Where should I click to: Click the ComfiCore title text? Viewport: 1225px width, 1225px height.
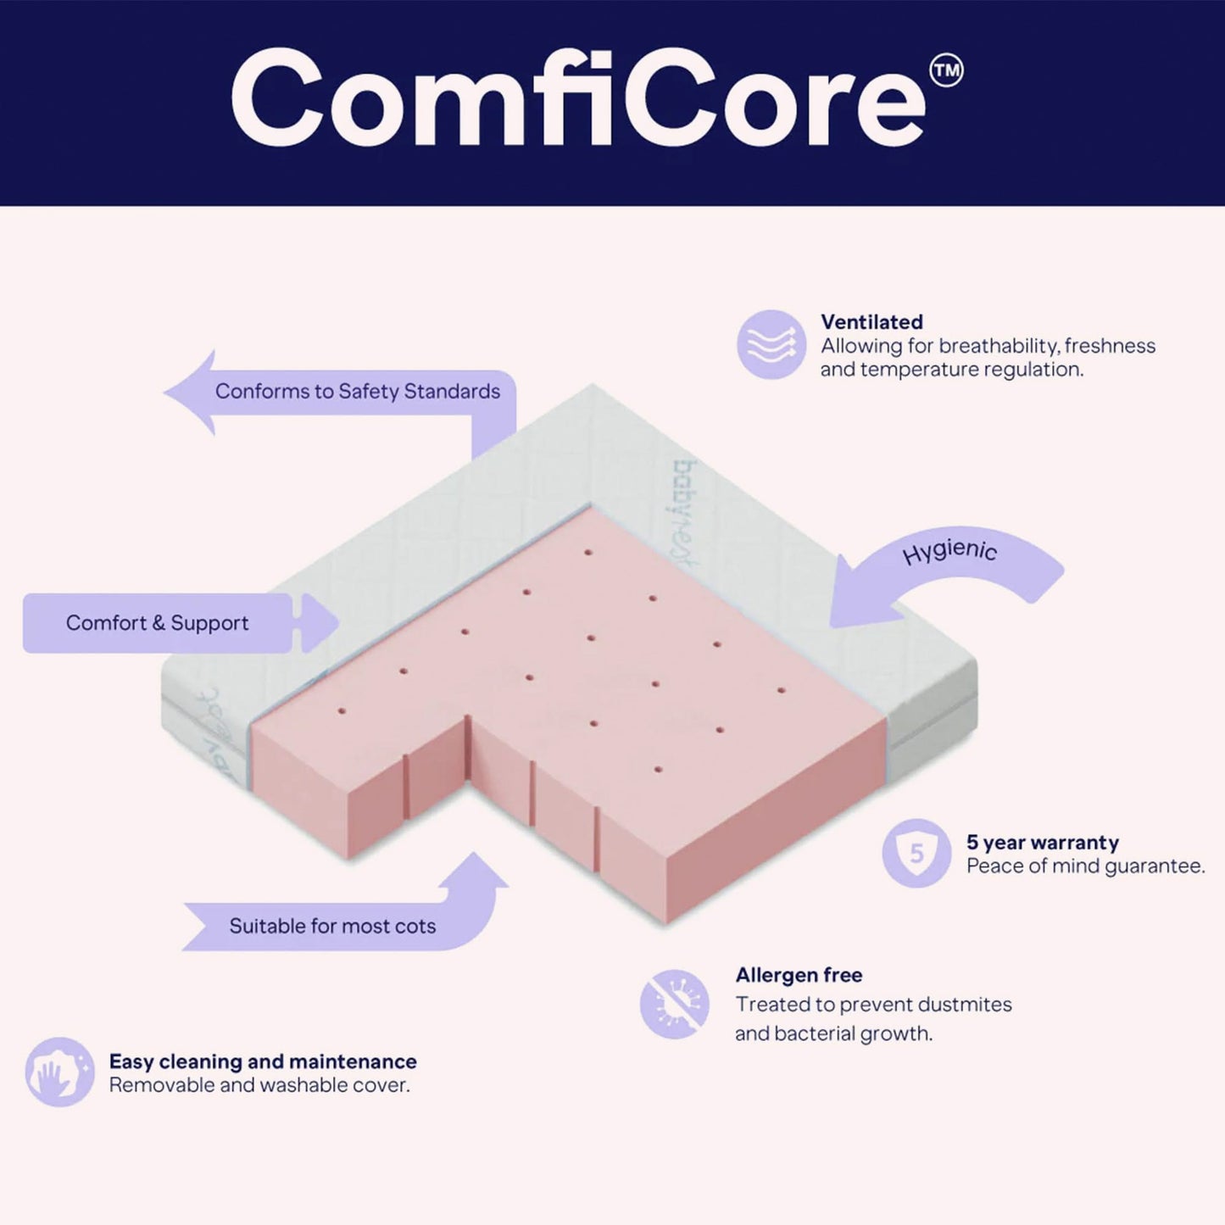(576, 99)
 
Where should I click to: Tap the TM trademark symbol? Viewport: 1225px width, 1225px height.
(946, 71)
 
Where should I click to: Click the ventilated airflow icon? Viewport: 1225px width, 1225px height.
(771, 344)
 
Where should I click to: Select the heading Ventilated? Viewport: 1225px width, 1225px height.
(871, 322)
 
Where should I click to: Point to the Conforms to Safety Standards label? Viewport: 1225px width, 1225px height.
(357, 392)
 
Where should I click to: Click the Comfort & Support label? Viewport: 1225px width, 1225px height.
(158, 623)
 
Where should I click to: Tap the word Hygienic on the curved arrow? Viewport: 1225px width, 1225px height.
(949, 552)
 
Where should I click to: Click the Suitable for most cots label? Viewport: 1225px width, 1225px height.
(332, 926)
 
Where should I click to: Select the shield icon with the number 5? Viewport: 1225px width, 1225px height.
(916, 853)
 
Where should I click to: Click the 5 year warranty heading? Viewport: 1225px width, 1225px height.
(1042, 842)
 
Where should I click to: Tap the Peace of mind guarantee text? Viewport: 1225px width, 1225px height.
(1085, 866)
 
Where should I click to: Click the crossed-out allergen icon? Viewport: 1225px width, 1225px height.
(675, 1005)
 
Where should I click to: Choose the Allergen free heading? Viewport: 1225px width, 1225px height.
(799, 975)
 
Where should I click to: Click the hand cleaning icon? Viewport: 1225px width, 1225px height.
(59, 1072)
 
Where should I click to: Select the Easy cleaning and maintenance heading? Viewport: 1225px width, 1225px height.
(263, 1061)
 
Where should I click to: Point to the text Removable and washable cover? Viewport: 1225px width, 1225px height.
(259, 1085)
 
